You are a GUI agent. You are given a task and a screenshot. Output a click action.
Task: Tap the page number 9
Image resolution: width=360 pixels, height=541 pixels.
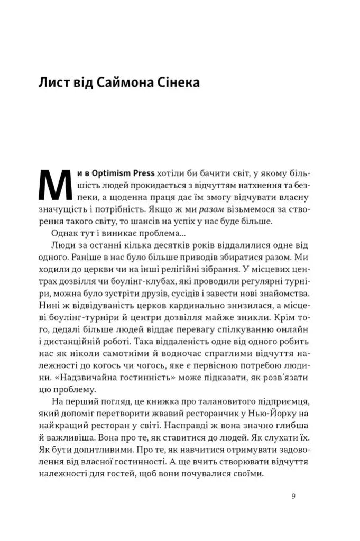point(293,497)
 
